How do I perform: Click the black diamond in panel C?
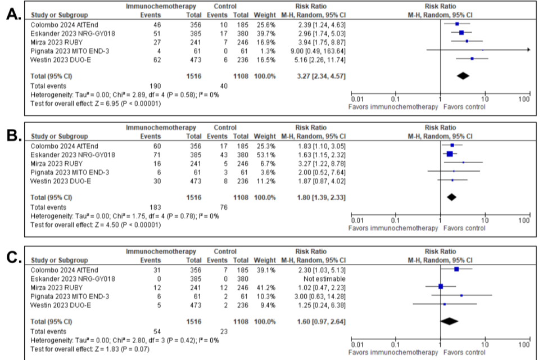[450, 321]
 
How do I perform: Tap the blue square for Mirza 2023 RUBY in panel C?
[441, 287]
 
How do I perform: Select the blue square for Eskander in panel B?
[450, 154]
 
